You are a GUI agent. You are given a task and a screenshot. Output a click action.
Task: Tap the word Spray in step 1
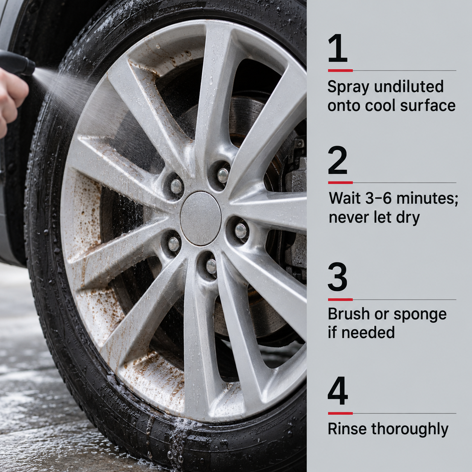click(348, 87)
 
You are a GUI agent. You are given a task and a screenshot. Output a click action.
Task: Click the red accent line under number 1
click(341, 70)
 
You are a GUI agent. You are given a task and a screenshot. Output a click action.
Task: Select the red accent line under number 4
click(341, 413)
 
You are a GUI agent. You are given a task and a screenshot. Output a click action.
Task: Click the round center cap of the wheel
click(201, 219)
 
